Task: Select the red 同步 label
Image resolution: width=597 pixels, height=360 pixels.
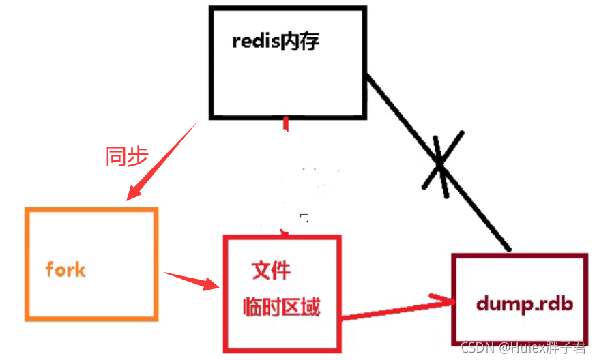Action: click(127, 156)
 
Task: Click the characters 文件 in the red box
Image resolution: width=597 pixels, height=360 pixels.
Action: click(272, 271)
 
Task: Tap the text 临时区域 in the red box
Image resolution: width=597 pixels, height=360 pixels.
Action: click(281, 307)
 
